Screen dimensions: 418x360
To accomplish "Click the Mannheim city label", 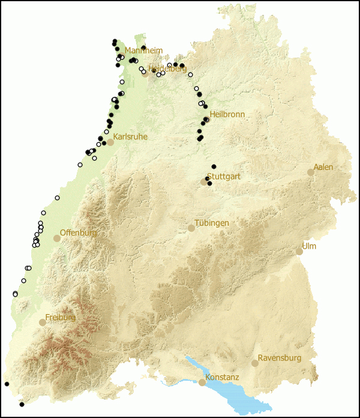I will (143, 51).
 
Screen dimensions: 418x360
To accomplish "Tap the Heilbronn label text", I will (227, 114).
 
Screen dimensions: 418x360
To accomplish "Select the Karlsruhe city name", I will (130, 137).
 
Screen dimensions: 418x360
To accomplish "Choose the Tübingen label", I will (211, 223).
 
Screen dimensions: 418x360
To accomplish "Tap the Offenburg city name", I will (78, 232).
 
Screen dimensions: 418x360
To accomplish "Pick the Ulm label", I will (309, 246).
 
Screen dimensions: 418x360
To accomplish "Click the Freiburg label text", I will (61, 317).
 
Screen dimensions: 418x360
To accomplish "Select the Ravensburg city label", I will (279, 358).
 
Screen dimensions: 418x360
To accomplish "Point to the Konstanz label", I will (222, 377).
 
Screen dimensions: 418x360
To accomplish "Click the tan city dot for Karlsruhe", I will (110, 142).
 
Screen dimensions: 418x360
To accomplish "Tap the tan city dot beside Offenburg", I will (57, 238).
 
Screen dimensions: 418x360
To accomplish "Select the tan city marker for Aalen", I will (311, 172).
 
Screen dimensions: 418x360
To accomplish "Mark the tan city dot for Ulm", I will (299, 252).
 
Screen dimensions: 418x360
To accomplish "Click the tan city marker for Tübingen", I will (191, 228).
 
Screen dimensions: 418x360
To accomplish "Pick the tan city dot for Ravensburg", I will (255, 363).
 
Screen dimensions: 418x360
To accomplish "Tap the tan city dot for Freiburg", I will (43, 323).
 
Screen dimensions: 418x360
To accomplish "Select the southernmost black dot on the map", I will (22, 404).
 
